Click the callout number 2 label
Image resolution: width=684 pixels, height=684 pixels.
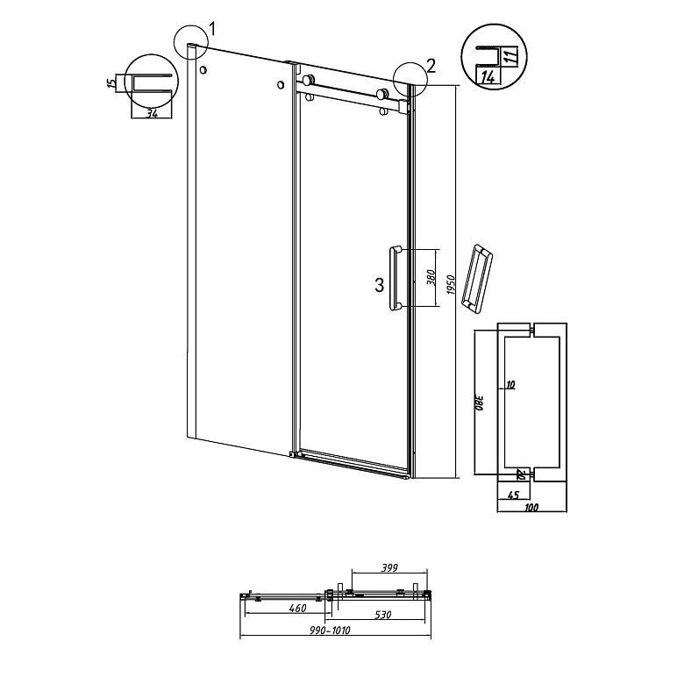tap(430, 63)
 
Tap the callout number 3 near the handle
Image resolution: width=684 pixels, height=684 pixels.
tap(378, 285)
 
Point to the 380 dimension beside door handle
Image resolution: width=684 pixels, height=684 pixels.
tap(430, 278)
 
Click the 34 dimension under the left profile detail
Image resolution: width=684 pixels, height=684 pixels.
tap(153, 114)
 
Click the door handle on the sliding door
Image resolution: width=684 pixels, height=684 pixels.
tap(392, 278)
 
